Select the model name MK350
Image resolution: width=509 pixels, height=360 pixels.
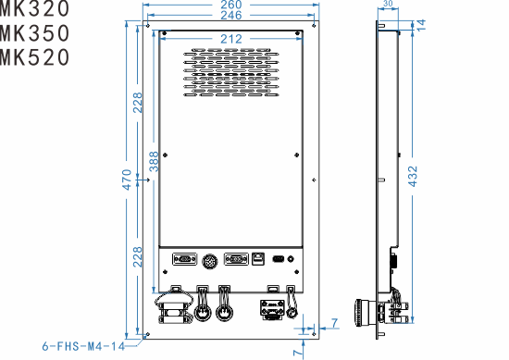[x=34, y=33]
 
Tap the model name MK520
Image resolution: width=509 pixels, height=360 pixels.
[x=34, y=57]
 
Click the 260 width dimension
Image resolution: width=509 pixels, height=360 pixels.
[x=231, y=6]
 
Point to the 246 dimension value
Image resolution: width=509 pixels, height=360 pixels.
[x=231, y=17]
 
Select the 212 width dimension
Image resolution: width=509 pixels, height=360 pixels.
[x=232, y=38]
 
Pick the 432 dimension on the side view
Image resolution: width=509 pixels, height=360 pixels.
[x=413, y=175]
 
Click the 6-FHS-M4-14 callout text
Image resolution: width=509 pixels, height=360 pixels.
[x=83, y=347]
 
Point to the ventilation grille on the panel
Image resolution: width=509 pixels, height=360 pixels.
[x=231, y=72]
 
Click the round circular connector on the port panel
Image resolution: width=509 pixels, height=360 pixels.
[x=209, y=262]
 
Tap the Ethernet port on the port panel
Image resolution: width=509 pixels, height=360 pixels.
[x=259, y=260]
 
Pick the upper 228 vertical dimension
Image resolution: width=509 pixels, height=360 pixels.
[x=139, y=104]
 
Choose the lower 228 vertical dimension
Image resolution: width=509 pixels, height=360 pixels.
[x=139, y=257]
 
